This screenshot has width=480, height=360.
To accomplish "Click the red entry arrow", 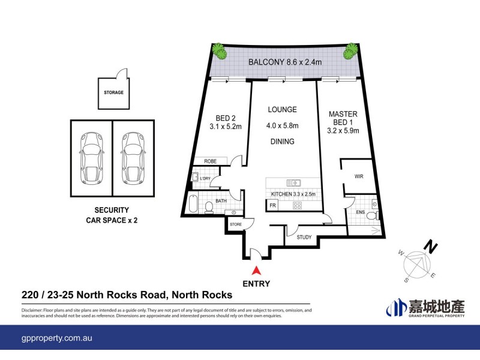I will coord(256,271).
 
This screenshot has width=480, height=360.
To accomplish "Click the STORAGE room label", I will coord(113,92).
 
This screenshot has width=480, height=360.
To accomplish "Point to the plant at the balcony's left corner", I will coord(221,52).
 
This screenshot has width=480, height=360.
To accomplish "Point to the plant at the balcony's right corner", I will coord(349,53).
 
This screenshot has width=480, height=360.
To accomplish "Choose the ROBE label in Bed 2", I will coord(210,161).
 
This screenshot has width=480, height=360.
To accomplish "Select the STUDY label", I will coord(304,237).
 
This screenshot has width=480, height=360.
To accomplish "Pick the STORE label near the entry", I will coord(235,225).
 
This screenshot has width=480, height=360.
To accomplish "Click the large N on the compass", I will coord(430,245).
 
